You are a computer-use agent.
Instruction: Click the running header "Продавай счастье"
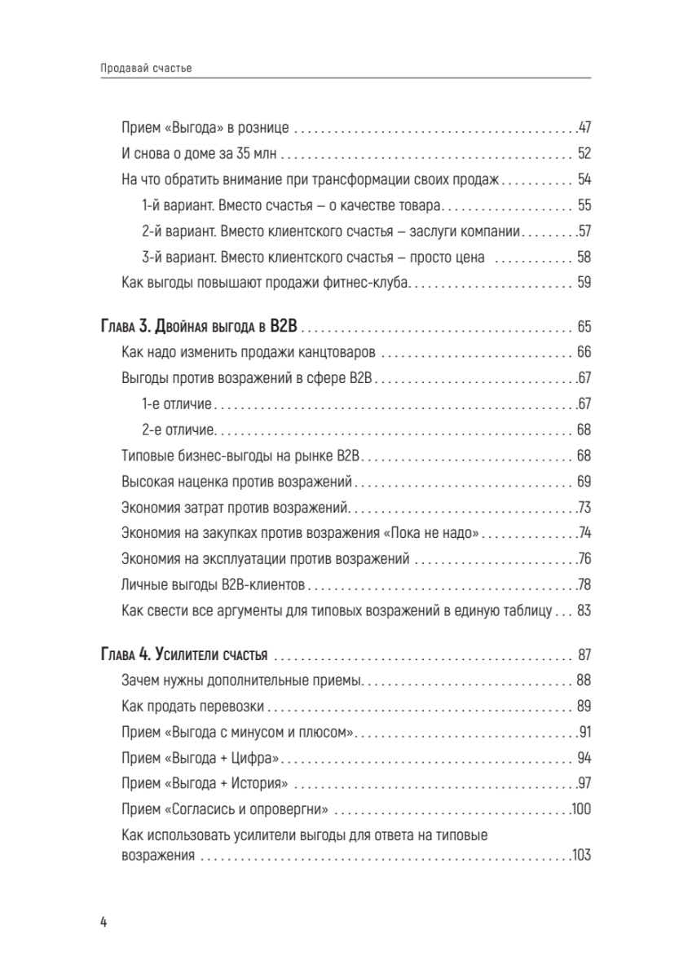point(143,68)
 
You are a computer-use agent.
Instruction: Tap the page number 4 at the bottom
point(104,922)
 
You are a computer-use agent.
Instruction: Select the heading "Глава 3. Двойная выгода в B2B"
point(201,328)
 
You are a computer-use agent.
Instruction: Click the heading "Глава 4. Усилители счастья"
point(187,656)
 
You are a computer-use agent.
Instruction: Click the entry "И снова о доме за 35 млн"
point(200,153)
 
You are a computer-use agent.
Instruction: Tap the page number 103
point(580,856)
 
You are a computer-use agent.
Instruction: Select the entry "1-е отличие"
point(177,403)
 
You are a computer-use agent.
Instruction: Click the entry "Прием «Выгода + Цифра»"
point(201,758)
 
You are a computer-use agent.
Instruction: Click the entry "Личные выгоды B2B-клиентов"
point(213,584)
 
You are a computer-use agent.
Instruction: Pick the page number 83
point(583,610)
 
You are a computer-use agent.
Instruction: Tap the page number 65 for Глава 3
point(583,328)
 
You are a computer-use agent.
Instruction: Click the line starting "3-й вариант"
point(314,258)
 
